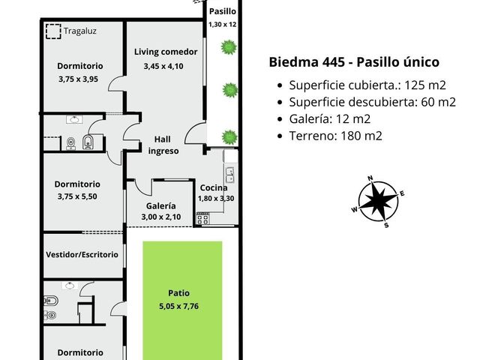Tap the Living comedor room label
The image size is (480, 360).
click(166, 52)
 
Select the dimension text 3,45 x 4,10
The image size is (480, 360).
click(163, 66)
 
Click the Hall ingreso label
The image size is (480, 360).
click(163, 145)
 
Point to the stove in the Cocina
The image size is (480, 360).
click(202, 218)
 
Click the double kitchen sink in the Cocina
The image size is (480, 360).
click(230, 175)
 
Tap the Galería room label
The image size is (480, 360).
click(160, 205)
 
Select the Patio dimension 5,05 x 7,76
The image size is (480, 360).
click(178, 306)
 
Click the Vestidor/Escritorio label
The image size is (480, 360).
click(82, 255)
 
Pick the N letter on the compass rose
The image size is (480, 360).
click(370, 178)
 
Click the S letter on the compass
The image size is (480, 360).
click(386, 225)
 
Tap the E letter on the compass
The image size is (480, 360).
click(402, 193)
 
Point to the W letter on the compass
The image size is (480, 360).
click(355, 210)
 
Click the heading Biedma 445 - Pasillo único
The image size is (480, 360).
click(354, 62)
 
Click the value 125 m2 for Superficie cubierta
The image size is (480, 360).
click(425, 85)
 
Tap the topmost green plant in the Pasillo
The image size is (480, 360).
click(229, 47)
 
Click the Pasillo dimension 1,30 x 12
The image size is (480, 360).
click(223, 25)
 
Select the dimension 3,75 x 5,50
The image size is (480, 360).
click(77, 196)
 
